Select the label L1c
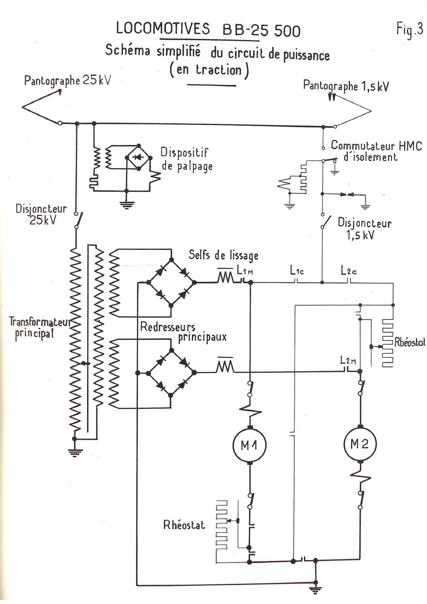coord(297,271)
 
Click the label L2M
coord(348,361)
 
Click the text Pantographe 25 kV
coord(67,81)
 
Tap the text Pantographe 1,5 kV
coord(346,86)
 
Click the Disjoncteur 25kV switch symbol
coord(79,219)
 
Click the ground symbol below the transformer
coord(75,451)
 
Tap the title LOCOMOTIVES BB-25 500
coord(208,30)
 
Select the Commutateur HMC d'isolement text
coord(376,151)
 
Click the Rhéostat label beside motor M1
coord(184,525)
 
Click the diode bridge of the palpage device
coord(138,157)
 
